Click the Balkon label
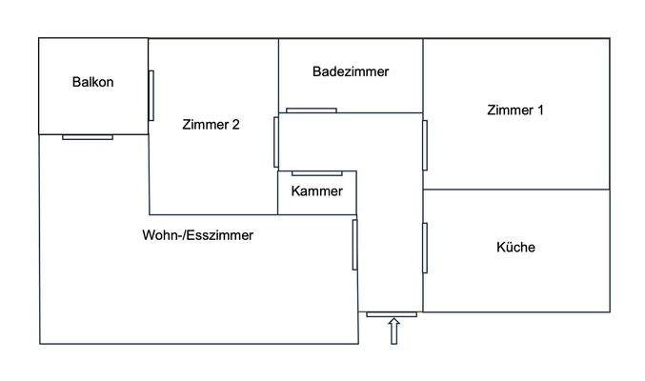pos(92,82)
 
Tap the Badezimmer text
pos(351,71)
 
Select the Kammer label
pos(316,191)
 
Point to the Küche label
pos(515,247)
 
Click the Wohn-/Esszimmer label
pos(198,234)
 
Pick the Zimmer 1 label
pos(514,110)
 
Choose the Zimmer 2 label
pos(210,124)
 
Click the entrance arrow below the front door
pos(393,331)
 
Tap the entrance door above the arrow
pos(392,313)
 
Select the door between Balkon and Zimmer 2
pos(151,95)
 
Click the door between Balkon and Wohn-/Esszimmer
pos(88,137)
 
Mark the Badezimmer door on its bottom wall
pos(311,110)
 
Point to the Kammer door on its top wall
pos(317,172)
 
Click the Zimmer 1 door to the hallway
pos(425,145)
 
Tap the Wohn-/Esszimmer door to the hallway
pos(354,245)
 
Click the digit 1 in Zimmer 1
pos(540,110)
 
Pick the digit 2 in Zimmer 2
pos(235,124)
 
